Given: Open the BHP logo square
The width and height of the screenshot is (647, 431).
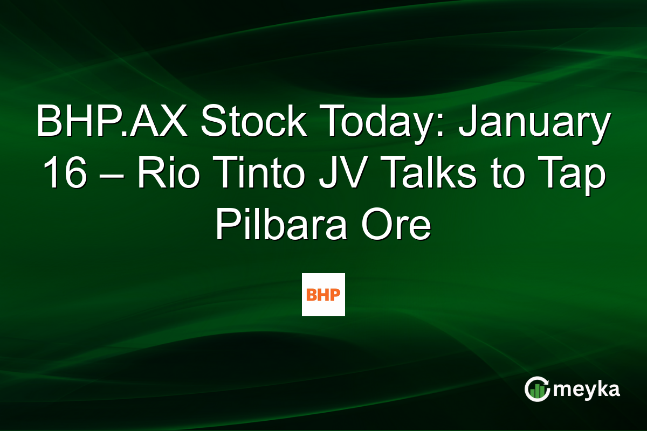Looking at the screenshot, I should [323, 294].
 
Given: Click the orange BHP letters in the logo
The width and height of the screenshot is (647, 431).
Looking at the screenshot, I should [323, 295].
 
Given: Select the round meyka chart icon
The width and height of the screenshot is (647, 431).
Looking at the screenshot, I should [538, 389].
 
